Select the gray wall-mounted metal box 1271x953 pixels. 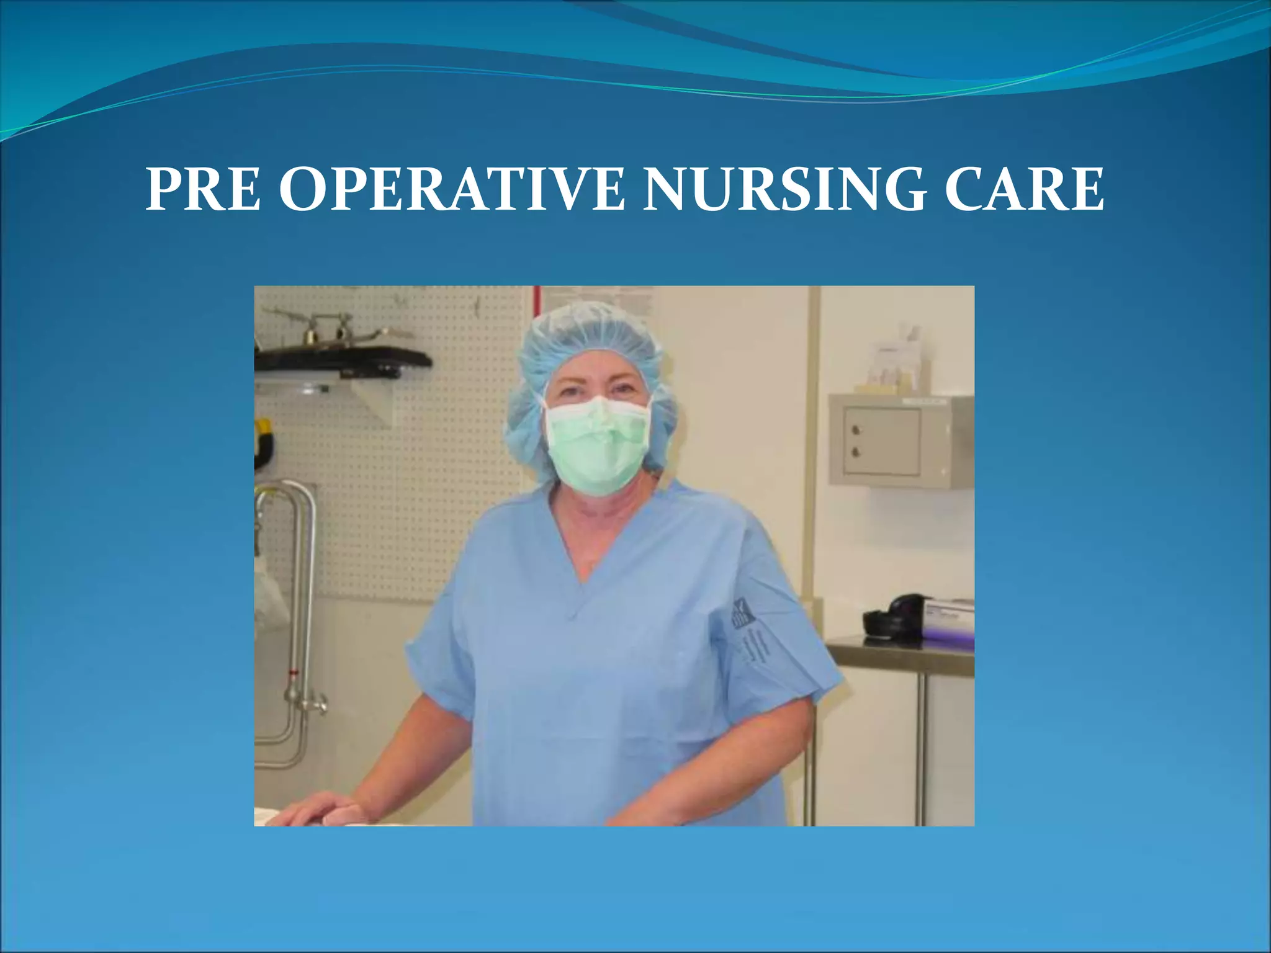click(900, 441)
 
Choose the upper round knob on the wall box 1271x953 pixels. click(856, 430)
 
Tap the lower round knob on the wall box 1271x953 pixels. click(856, 452)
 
